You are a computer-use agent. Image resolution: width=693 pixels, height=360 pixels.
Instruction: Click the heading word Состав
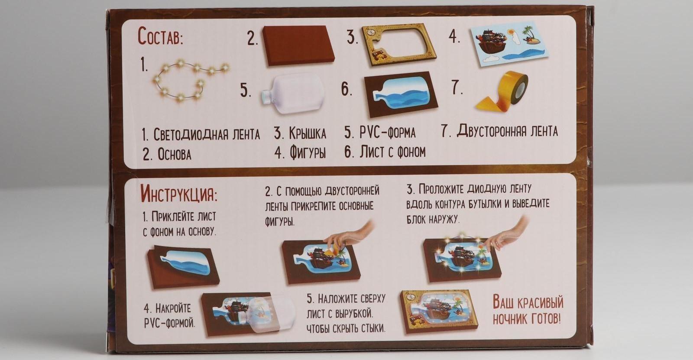[x=160, y=37]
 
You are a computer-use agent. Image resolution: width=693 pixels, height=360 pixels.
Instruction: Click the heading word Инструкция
[x=178, y=194]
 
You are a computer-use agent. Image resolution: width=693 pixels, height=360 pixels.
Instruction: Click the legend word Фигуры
[x=307, y=152]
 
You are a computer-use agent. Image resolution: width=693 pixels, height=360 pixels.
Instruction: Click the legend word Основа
[x=174, y=154]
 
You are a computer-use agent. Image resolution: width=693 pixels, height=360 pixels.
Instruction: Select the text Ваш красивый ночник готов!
[x=528, y=310]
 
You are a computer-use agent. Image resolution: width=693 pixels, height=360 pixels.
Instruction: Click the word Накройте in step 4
[x=173, y=308]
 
